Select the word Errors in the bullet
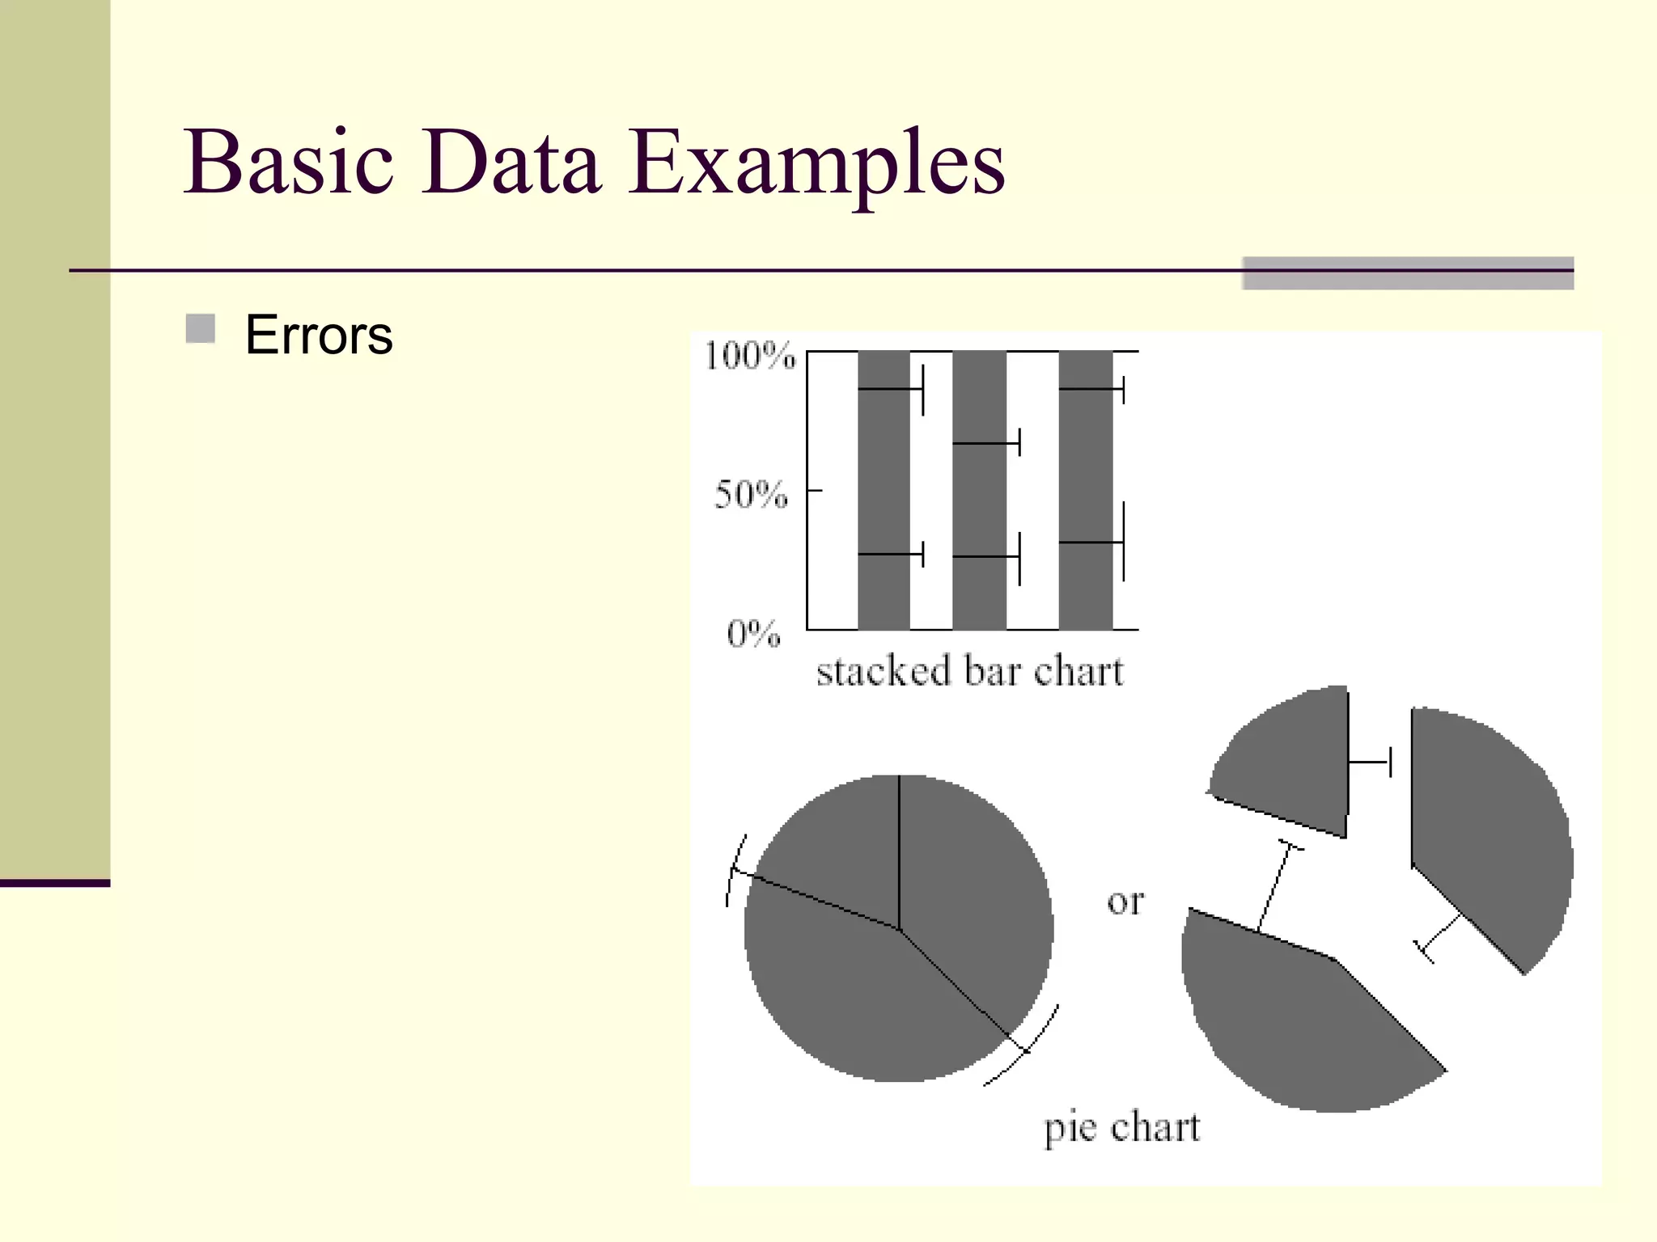(319, 335)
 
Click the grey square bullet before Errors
(200, 329)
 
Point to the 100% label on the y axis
(749, 356)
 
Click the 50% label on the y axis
(751, 493)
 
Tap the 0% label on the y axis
(753, 633)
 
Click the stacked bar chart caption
(969, 671)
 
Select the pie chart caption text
(1121, 1127)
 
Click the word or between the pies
(1125, 901)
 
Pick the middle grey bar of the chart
(979, 501)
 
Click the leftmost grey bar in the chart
(884, 485)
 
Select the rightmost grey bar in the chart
(1085, 469)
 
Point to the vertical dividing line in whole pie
(899, 849)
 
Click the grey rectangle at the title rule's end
(1407, 273)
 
